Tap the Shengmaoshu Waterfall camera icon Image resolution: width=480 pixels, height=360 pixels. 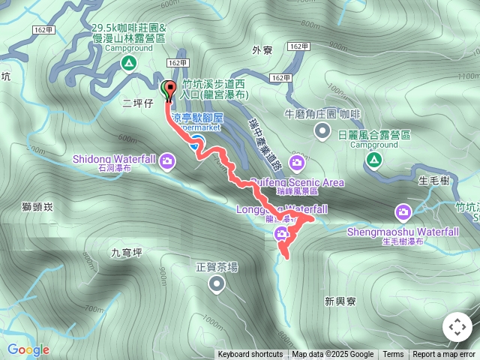pyautogui.click(x=403, y=213)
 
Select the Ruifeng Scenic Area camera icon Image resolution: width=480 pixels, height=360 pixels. pyautogui.click(x=297, y=162)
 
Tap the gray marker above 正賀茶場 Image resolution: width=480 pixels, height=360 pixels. pyautogui.click(x=217, y=283)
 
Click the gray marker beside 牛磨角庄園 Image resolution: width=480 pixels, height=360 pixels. pyautogui.click(x=322, y=132)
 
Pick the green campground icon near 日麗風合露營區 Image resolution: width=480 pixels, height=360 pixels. pyautogui.click(x=373, y=159)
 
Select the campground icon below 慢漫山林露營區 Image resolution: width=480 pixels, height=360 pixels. pyautogui.click(x=129, y=64)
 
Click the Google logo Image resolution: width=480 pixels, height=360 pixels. pyautogui.click(x=28, y=349)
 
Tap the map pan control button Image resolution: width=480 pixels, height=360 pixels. pyautogui.click(x=457, y=327)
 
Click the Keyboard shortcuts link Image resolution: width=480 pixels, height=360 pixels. pyautogui.click(x=250, y=355)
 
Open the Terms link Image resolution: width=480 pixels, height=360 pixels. pyautogui.click(x=393, y=355)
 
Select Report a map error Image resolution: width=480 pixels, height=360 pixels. pyautogui.click(x=444, y=355)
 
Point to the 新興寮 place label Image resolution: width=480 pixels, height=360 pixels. pyautogui.click(x=339, y=301)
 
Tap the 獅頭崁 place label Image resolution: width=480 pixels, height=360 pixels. pyautogui.click(x=37, y=205)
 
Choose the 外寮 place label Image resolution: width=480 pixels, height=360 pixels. pyautogui.click(x=262, y=50)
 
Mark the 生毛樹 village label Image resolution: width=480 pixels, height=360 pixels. pyautogui.click(x=433, y=180)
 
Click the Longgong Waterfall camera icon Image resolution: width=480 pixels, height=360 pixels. pyautogui.click(x=282, y=233)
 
